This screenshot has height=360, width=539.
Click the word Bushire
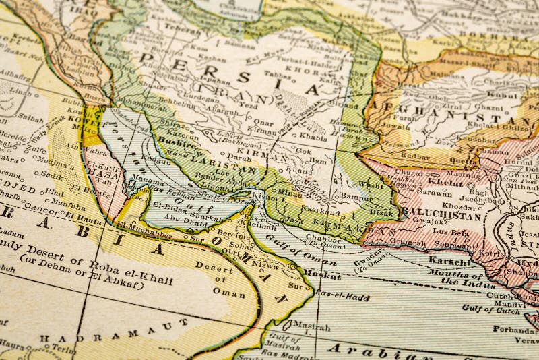[176, 144]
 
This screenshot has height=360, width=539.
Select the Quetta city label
[458, 160]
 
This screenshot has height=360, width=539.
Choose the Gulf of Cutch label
[490, 309]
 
